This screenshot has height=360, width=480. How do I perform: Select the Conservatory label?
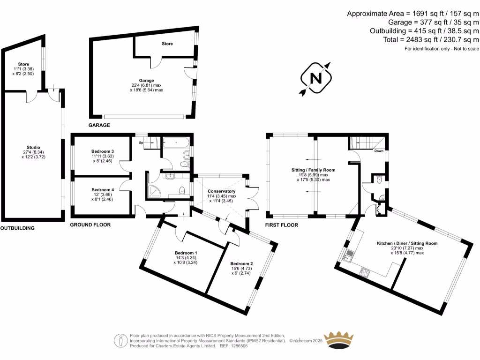point(222,191)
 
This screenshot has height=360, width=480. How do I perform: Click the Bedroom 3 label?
point(103,151)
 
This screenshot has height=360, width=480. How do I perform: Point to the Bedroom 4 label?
point(103,189)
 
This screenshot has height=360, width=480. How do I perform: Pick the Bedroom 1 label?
point(186,253)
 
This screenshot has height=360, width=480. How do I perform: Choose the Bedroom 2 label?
point(241,264)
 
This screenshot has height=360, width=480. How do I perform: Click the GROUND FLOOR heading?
point(90,225)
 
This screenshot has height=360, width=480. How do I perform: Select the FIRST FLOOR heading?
point(282,225)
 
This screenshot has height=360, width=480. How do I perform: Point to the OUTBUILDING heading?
point(17,228)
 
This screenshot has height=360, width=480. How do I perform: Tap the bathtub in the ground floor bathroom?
point(176,142)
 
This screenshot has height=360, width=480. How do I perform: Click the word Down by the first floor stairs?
point(378,151)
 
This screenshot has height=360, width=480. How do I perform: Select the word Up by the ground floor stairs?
point(140,142)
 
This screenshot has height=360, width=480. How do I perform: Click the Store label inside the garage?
point(167,44)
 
